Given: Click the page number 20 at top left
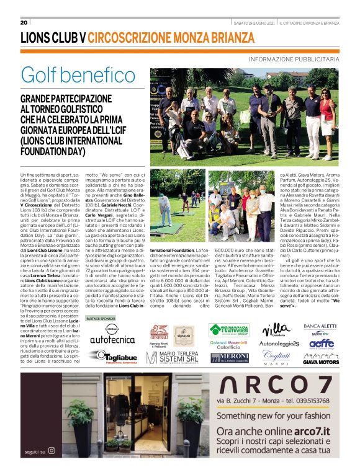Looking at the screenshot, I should pyautogui.click(x=24, y=23).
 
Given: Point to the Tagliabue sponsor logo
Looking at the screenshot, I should pyautogui.click(x=116, y=357).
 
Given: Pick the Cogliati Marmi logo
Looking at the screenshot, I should pyautogui.click(x=277, y=358).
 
